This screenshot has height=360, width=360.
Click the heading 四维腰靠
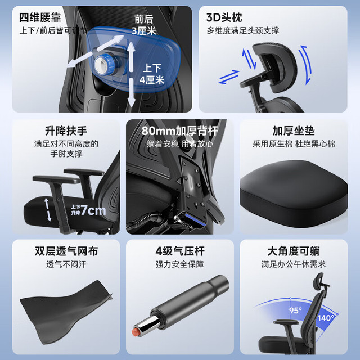40,17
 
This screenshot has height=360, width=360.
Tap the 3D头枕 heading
224,17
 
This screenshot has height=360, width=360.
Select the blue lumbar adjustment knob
106,64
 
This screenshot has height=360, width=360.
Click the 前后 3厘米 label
144,25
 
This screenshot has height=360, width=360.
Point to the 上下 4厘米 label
152,74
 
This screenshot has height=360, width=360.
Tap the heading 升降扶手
66,131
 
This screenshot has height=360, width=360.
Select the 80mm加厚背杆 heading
179,131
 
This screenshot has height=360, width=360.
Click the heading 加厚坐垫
294,131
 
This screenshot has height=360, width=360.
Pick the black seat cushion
294,193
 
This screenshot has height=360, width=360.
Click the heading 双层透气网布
66,251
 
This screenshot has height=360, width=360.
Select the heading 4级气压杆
180,251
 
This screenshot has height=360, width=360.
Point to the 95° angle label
295,310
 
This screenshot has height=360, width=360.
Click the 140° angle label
326,318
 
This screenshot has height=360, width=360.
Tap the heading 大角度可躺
294,251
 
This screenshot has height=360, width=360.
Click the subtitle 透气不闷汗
66,264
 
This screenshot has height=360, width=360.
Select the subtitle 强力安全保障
180,264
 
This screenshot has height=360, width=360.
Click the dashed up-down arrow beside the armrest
48,210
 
